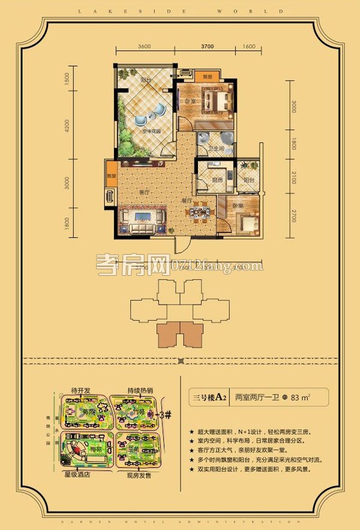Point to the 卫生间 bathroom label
pyautogui.click(x=216, y=150)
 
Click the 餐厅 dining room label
pyautogui.click(x=187, y=201)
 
